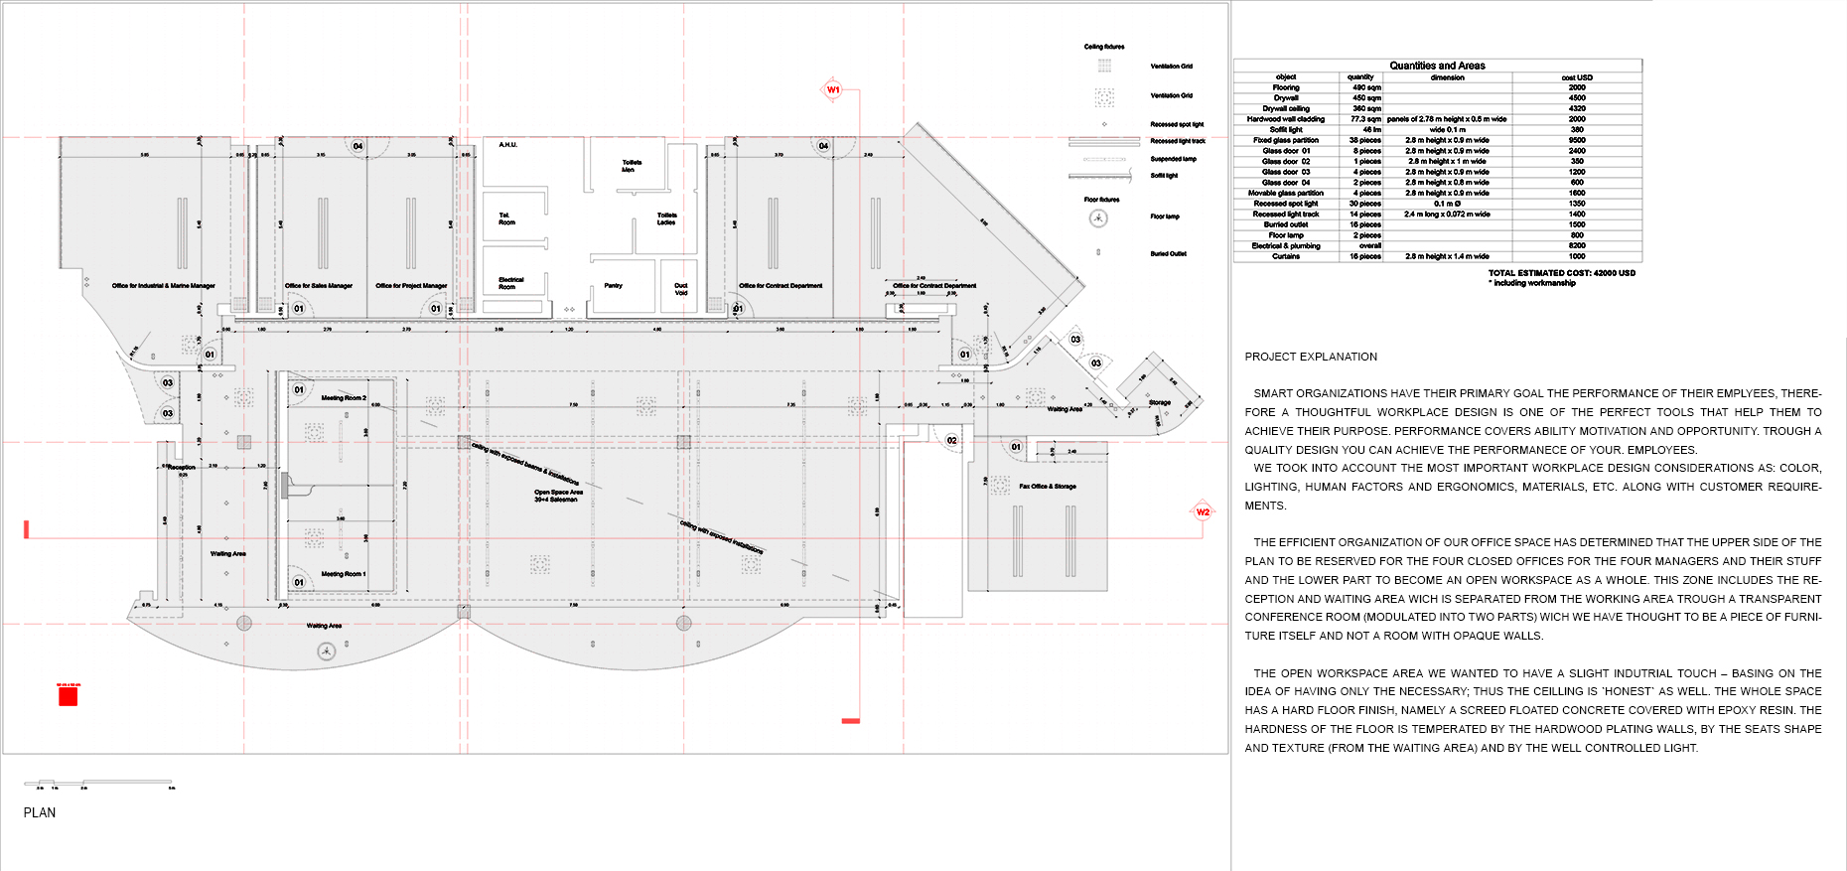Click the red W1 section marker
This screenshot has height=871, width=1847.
coord(833,89)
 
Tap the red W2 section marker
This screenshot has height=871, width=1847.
coord(1203,511)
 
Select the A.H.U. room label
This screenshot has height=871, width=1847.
coord(507,145)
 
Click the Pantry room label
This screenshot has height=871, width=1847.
coord(614,285)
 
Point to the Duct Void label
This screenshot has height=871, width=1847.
coord(681,289)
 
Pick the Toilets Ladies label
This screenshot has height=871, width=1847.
coord(666,218)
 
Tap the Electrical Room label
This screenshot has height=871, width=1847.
coord(510,283)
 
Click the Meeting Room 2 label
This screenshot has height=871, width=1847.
coord(344,397)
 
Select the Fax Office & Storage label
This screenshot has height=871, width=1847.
coord(1047,487)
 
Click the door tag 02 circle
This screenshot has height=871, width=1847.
coord(951,440)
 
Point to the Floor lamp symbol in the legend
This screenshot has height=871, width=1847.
coord(1098,218)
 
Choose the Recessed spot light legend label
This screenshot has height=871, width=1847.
coord(1177,124)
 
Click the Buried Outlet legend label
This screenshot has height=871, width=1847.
coord(1168,253)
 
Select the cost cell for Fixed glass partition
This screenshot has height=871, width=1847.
coord(1577,140)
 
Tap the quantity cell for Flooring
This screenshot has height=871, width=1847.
coord(1366,87)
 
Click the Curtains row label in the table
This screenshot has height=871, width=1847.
coord(1286,256)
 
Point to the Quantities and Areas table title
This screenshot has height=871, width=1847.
coord(1437,66)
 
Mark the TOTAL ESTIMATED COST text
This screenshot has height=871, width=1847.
coord(1561,272)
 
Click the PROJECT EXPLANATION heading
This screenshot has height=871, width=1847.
coord(1311,357)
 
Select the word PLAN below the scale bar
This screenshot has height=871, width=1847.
coord(40,812)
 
